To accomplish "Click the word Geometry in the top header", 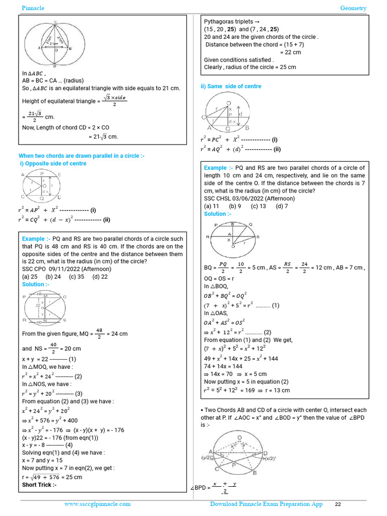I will coord(353,8).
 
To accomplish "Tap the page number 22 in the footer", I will coord(338,504).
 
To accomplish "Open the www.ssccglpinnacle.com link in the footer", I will coord(97,504).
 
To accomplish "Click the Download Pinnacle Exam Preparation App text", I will coord(266,504).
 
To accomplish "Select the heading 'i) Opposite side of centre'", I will coord(52,164).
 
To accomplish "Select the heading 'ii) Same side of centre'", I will coord(231,87).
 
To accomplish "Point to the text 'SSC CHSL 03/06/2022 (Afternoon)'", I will coord(249,199).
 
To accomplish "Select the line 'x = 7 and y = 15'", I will coord(42,461).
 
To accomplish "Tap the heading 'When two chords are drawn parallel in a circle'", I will coord(82,156).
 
